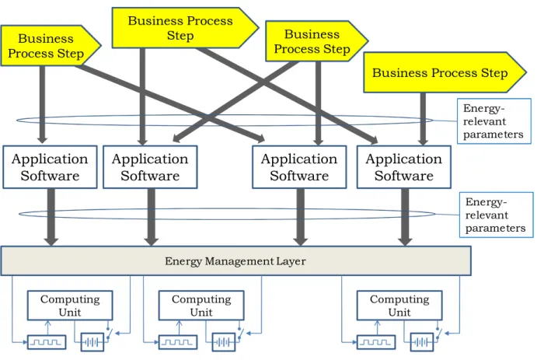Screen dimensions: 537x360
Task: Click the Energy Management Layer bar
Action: (x=236, y=260)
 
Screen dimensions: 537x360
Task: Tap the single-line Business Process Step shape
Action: (x=445, y=72)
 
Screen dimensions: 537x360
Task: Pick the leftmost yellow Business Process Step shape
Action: (x=51, y=46)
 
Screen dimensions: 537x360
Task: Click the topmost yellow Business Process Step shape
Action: (x=185, y=28)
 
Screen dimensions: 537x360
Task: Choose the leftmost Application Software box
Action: (x=50, y=167)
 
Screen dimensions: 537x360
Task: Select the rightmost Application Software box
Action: (x=404, y=167)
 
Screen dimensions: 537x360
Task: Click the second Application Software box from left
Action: (x=150, y=167)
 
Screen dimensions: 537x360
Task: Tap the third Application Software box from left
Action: (x=299, y=167)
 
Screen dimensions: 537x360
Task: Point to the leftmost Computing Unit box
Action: (x=70, y=306)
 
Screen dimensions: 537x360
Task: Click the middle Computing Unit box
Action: (x=201, y=306)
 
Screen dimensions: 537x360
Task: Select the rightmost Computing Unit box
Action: (x=399, y=306)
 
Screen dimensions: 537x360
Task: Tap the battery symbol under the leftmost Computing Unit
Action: (x=92, y=342)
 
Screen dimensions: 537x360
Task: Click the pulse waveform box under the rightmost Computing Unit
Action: (x=376, y=342)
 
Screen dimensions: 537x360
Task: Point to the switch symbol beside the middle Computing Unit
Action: (x=240, y=333)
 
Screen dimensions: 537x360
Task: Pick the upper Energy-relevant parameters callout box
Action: (x=493, y=121)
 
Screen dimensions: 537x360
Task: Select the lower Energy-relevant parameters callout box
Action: (x=497, y=215)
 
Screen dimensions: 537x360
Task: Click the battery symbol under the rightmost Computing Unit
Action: (x=421, y=342)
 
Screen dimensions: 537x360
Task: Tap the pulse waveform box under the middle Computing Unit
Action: (x=178, y=342)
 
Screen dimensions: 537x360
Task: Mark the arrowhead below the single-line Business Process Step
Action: (x=423, y=141)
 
